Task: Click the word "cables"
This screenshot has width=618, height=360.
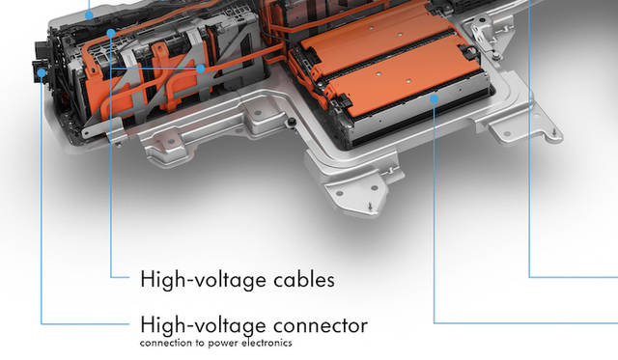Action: point(298,280)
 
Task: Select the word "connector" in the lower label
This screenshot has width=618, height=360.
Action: point(321,325)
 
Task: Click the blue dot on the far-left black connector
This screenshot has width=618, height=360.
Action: point(42,72)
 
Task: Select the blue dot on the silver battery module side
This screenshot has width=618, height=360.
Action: point(434,98)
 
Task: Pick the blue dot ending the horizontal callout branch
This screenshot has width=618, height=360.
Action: point(201,69)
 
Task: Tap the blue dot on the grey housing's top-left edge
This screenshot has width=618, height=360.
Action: point(90,15)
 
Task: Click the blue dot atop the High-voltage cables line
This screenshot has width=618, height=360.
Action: point(111,33)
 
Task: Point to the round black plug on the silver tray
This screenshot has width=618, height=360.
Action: point(292,123)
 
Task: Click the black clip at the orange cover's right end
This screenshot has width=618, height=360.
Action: point(469,52)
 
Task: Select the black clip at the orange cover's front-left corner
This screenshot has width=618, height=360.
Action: point(341,102)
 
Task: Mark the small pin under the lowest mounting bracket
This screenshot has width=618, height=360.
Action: point(370,207)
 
